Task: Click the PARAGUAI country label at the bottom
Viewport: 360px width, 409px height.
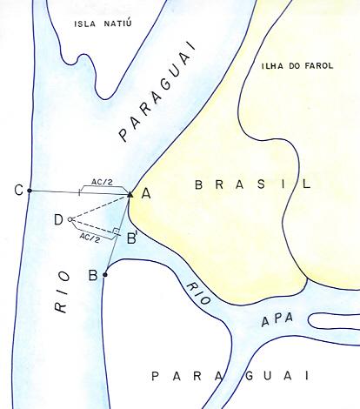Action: pos(230,376)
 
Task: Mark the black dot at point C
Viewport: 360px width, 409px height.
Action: pos(30,190)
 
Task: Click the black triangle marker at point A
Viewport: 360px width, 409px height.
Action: pos(130,193)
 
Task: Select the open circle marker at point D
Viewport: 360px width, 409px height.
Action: pos(70,219)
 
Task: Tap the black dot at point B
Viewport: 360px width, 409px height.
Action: pos(104,275)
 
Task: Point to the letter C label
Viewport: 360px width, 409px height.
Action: pos(18,190)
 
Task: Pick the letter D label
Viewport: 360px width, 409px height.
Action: pos(58,219)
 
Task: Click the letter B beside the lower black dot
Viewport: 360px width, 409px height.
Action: pos(92,277)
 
